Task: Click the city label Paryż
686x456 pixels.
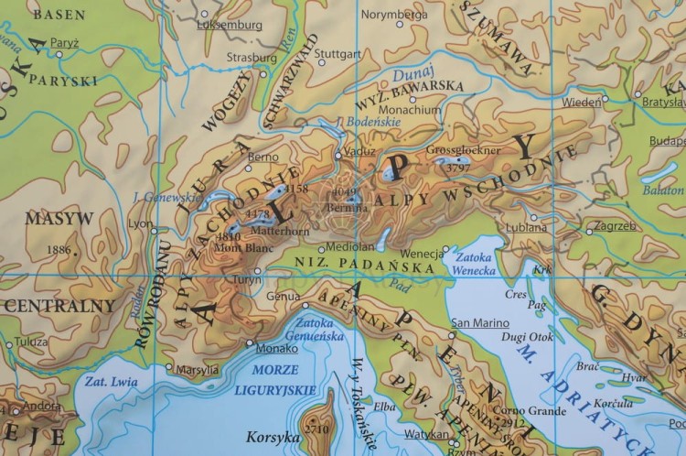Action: pos(65,41)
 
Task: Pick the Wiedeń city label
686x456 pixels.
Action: pos(581,102)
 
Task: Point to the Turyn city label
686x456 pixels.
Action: pos(242,279)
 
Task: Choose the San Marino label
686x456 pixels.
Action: pos(479,322)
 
